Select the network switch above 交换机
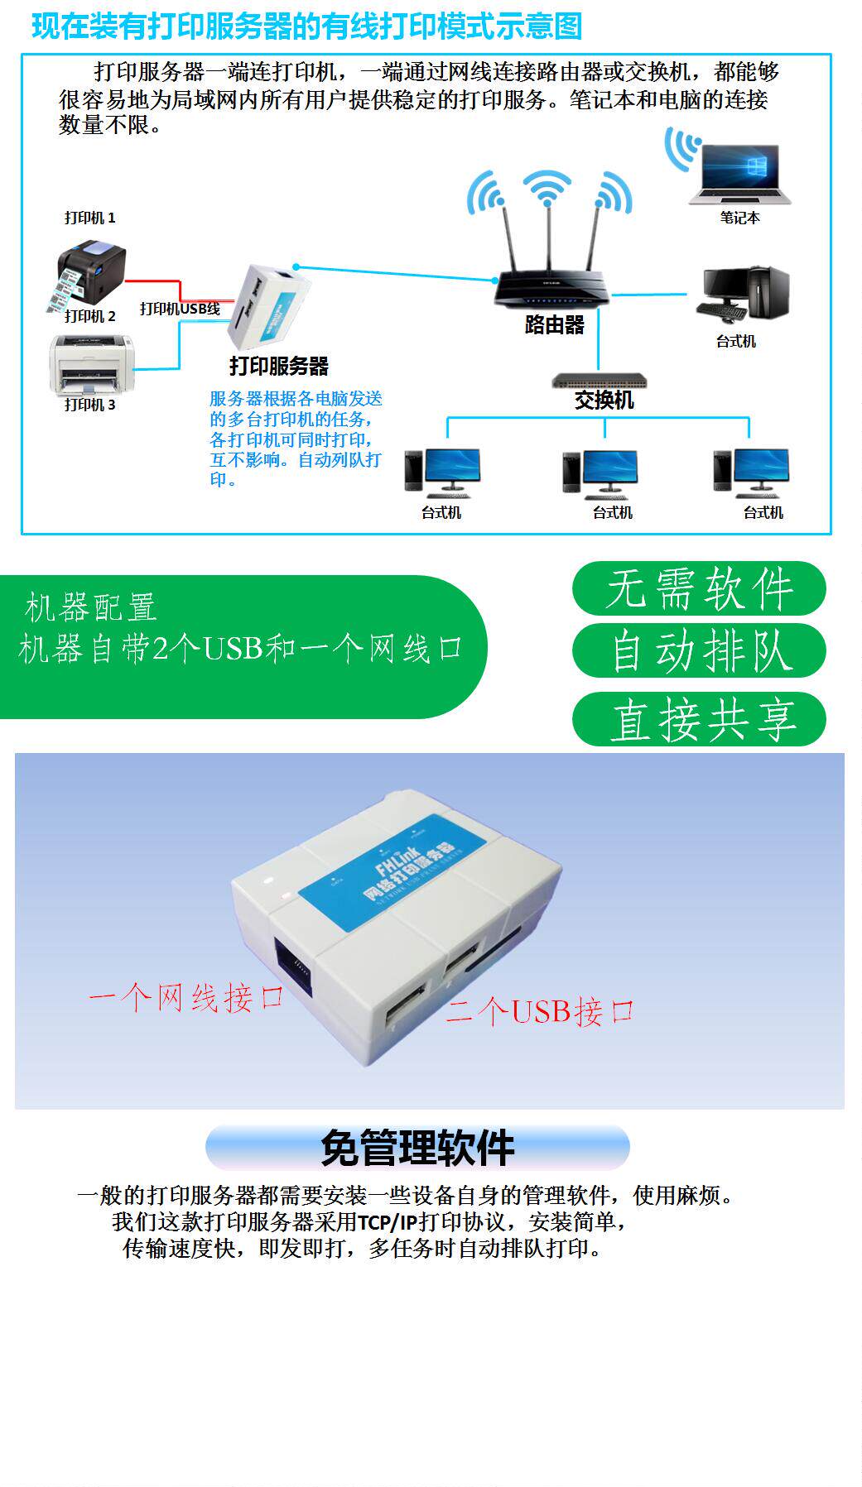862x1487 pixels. [599, 381]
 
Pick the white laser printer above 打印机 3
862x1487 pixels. [91, 364]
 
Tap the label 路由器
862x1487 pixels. [554, 324]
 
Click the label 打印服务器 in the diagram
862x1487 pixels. [278, 366]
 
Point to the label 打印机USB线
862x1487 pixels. [180, 309]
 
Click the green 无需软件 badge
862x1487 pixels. [699, 589]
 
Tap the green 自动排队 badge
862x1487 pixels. [699, 651]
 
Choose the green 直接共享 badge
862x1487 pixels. [699, 719]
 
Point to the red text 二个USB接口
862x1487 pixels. [540, 1011]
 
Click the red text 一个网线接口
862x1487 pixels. [186, 998]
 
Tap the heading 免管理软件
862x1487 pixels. [417, 1148]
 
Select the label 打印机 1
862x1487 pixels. [89, 218]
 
